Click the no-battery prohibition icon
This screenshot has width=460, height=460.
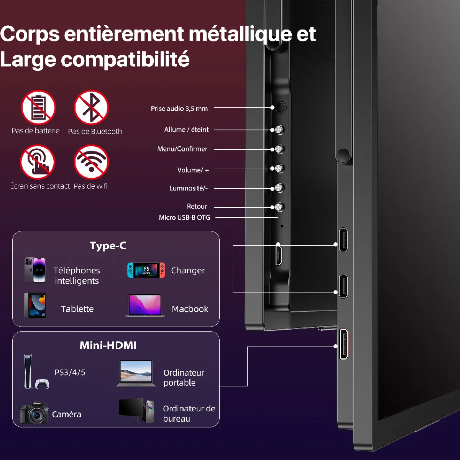pyautogui.click(x=38, y=108)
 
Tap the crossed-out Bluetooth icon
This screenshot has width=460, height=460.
pyautogui.click(x=91, y=108)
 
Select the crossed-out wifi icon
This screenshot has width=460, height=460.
pyautogui.click(x=91, y=162)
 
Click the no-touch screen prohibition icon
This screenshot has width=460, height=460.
pyautogui.click(x=38, y=162)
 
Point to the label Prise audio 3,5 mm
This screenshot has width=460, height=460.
pyautogui.click(x=179, y=109)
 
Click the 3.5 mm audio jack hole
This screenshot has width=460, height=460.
pyautogui.click(x=281, y=108)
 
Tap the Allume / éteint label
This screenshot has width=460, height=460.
pyautogui.click(x=186, y=130)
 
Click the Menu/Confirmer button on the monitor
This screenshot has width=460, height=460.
pyautogui.click(x=279, y=149)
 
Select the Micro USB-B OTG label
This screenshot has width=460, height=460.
pyautogui.click(x=184, y=218)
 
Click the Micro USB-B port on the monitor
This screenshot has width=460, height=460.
pyautogui.click(x=279, y=255)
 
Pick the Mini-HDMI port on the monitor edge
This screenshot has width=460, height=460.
pyautogui.click(x=344, y=344)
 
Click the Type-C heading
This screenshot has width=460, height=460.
pyautogui.click(x=108, y=246)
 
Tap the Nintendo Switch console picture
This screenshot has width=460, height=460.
pyautogui.click(x=146, y=270)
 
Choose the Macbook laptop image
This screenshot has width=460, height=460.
pyautogui.click(x=145, y=306)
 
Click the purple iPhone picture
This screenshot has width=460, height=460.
pyautogui.click(x=35, y=270)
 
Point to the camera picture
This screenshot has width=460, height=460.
pyautogui.click(x=34, y=413)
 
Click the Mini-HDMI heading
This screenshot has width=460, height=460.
pyautogui.click(x=108, y=345)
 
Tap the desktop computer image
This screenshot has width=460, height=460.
pyautogui.click(x=136, y=411)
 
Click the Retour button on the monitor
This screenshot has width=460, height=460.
pyautogui.click(x=279, y=207)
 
